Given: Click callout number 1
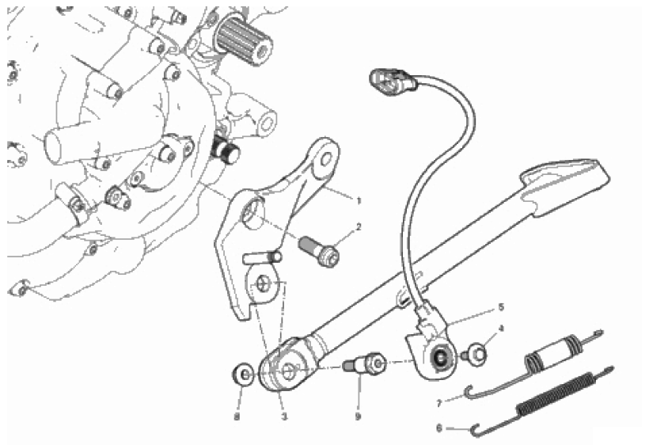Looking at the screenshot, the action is (359, 201).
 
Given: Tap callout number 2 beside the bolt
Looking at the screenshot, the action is (359, 226).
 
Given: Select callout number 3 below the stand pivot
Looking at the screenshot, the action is (284, 417).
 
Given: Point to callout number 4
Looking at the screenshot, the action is (501, 329).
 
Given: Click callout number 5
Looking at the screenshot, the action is (501, 307).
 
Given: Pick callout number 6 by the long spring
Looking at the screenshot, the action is (439, 428).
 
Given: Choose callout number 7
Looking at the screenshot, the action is (439, 403).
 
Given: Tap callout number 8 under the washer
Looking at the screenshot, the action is (237, 417).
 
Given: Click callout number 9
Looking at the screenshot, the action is (358, 416).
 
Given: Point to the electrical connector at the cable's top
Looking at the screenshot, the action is (393, 81).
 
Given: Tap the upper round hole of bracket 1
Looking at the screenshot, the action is (326, 159).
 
